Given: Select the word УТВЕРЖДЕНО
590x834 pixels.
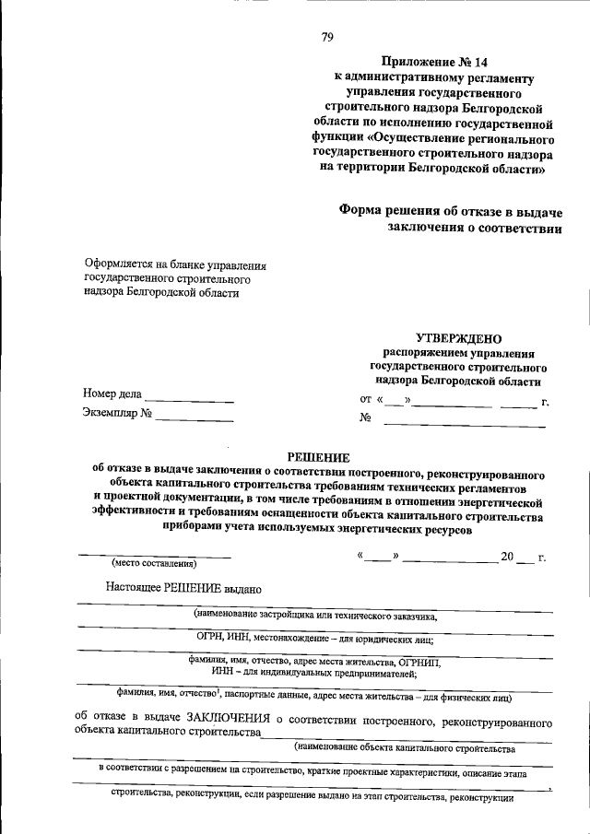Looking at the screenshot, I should tap(457, 338).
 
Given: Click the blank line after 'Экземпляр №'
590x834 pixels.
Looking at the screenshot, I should tap(195, 419).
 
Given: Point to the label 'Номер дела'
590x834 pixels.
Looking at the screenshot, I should tap(112, 394).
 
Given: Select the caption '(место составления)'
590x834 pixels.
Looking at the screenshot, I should tap(154, 562).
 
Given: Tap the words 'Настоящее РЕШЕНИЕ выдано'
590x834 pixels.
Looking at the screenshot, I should tap(184, 588).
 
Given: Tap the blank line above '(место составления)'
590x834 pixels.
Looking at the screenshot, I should tap(154, 555).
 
